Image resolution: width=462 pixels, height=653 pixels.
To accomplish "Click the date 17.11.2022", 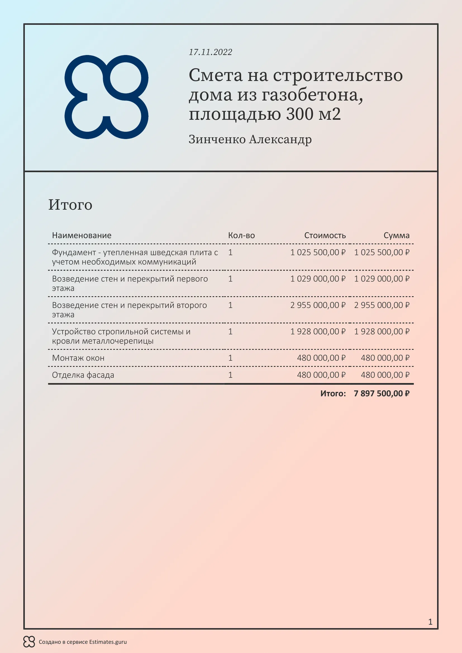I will (x=210, y=52).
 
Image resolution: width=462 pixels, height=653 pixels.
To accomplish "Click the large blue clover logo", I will (x=106, y=97).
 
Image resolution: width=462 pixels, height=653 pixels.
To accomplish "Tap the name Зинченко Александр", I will (x=250, y=139).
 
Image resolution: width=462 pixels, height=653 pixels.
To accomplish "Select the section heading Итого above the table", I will (x=70, y=204).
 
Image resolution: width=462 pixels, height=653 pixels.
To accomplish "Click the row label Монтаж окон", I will (x=78, y=358).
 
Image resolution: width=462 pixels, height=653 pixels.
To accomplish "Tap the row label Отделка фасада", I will (x=83, y=375).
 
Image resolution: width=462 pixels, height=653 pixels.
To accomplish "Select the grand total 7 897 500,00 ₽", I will (x=382, y=393).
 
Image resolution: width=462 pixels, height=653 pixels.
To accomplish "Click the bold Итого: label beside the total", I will (x=333, y=393).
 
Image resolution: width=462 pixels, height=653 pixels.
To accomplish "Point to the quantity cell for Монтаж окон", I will (x=230, y=358).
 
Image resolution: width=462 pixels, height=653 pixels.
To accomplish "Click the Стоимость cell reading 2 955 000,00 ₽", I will (x=318, y=305).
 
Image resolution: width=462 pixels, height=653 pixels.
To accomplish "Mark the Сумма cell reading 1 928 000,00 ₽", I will (x=382, y=331).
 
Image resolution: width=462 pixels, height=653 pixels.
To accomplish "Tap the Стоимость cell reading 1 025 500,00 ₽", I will (x=318, y=252).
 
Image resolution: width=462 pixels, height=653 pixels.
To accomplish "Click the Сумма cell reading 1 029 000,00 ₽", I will (x=382, y=279).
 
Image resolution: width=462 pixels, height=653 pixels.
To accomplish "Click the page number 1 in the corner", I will (x=430, y=622).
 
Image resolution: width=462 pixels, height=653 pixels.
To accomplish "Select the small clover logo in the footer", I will (x=29, y=642).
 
